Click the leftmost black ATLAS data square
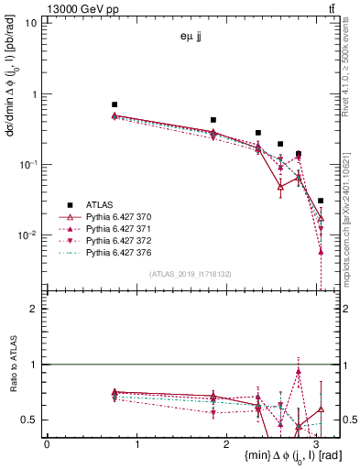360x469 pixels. (115, 105)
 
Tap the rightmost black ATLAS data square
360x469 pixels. (321, 201)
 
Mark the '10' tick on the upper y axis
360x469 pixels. (29, 22)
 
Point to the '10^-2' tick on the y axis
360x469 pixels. (27, 235)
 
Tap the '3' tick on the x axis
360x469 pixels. (316, 444)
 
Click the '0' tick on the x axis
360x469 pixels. (47, 444)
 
